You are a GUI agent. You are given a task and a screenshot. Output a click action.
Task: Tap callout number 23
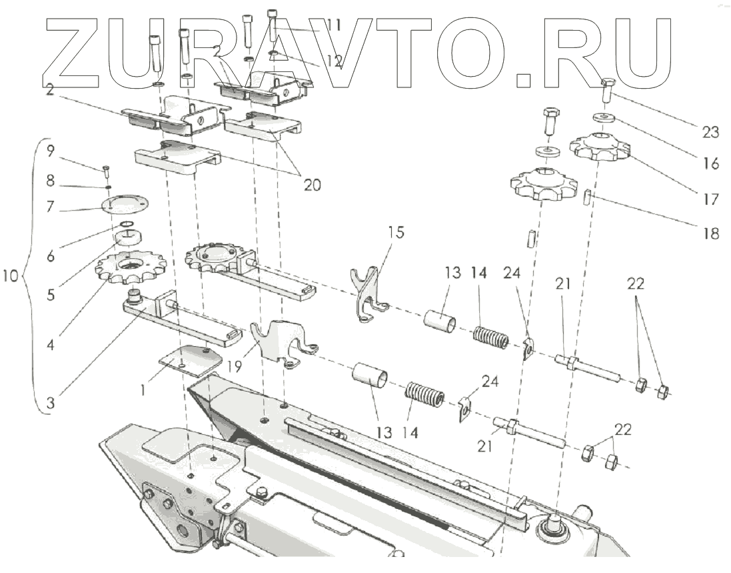[x=710, y=132]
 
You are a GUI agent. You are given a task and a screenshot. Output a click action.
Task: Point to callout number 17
[x=710, y=199]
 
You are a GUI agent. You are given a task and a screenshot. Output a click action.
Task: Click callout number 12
[x=333, y=62]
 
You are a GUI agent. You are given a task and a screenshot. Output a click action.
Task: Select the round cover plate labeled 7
[x=125, y=203]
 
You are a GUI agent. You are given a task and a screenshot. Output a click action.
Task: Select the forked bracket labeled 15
[x=365, y=294]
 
